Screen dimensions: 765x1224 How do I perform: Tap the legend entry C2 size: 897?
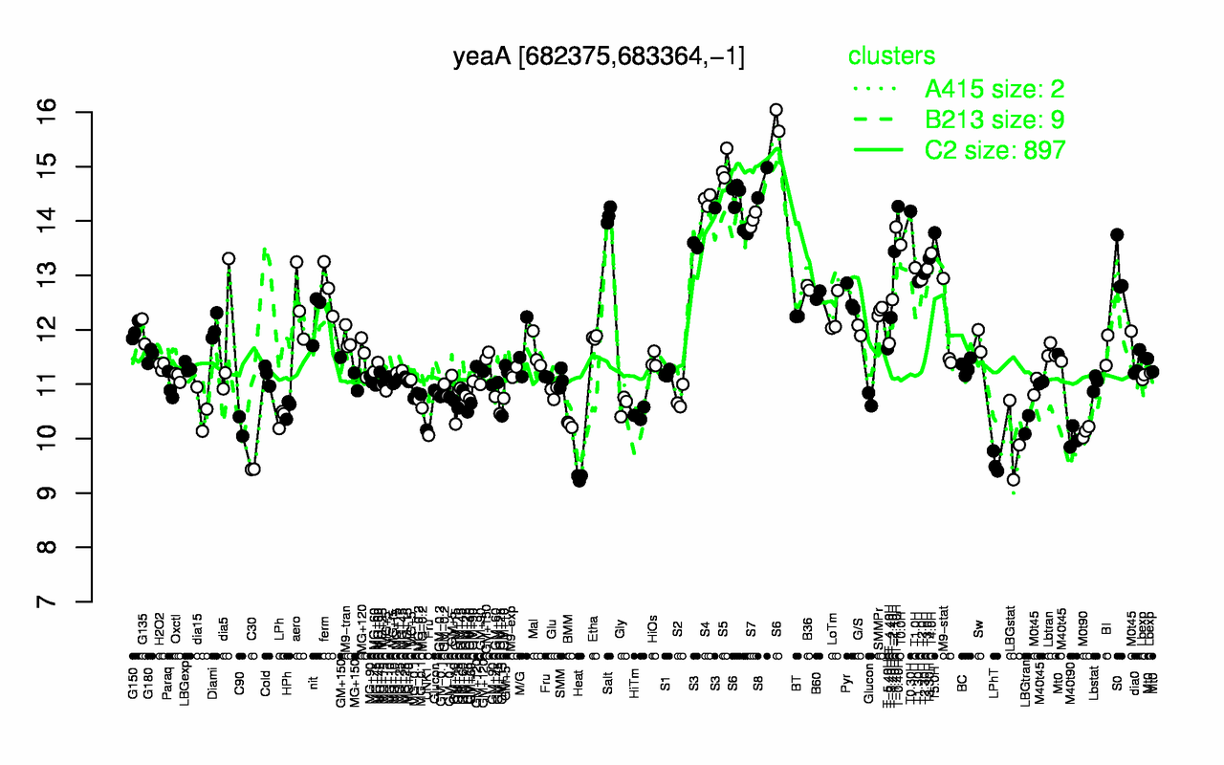pyautogui.click(x=995, y=150)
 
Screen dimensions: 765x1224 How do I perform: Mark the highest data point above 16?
pyautogui.click(x=776, y=110)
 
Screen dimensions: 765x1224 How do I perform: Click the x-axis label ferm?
pyautogui.click(x=324, y=632)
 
